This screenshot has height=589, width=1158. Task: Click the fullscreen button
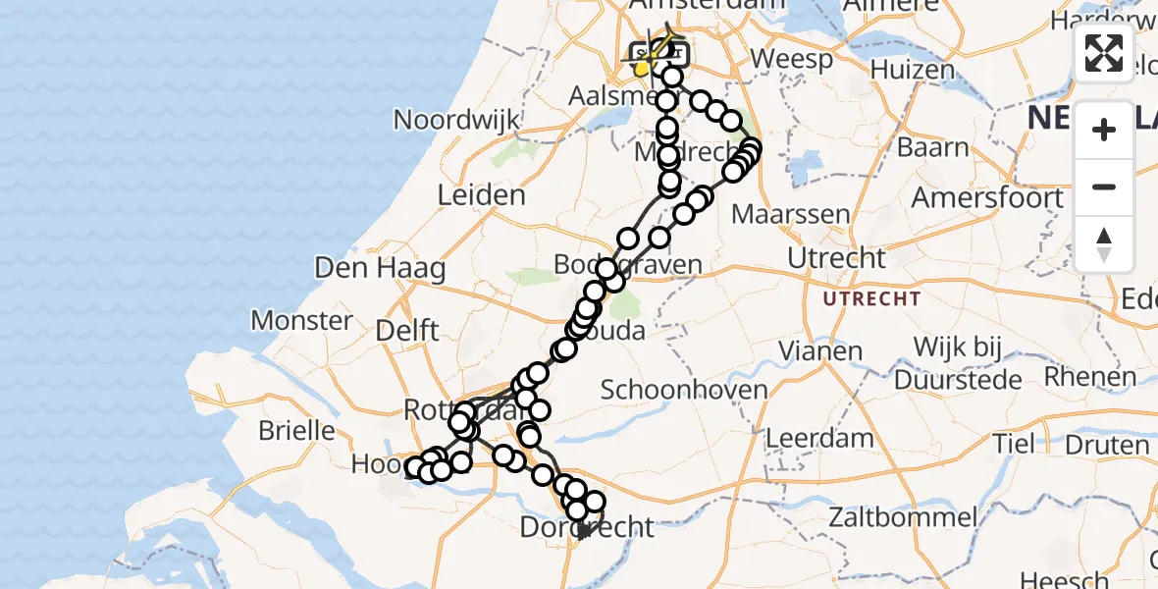point(1104,53)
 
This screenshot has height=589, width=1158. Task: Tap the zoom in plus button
point(1104,130)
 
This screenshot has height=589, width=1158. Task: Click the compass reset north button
point(1104,244)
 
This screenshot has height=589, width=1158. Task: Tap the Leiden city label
point(481,194)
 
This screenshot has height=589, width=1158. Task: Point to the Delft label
point(407,330)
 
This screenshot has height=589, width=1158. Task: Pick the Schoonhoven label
point(684,390)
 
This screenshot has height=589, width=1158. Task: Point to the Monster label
point(301,320)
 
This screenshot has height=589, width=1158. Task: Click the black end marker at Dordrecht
point(584,531)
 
